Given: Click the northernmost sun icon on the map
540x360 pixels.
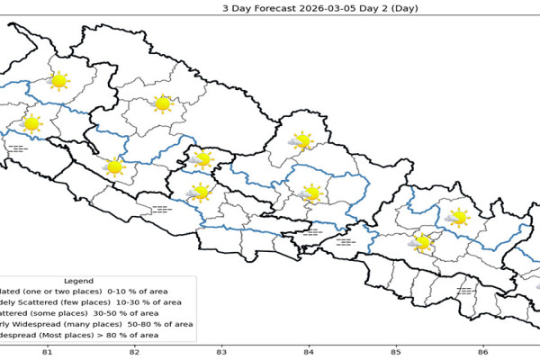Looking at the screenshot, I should point(59,81).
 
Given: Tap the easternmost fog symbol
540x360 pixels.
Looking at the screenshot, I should point(466,291).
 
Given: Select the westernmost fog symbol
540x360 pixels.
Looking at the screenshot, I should point(17,148).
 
